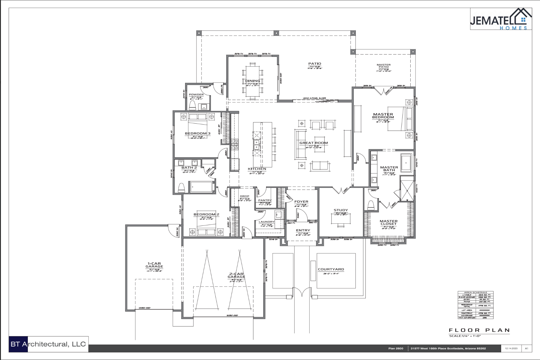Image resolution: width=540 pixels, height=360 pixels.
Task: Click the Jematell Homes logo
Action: pyautogui.click(x=500, y=19)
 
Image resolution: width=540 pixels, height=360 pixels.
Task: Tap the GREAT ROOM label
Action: pyautogui.click(x=314, y=143)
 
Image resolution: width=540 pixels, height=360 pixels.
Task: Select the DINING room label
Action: pyautogui.click(x=252, y=81)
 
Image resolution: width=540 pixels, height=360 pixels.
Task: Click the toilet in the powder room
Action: pyautogui.click(x=192, y=105)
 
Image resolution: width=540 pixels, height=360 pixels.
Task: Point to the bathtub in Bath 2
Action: pyautogui.click(x=202, y=187)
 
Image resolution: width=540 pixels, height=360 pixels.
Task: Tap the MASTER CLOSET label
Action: pyautogui.click(x=388, y=223)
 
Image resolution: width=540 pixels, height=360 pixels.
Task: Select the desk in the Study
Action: pyautogui.click(x=341, y=219)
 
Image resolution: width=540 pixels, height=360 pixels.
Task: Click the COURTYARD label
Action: pyautogui.click(x=331, y=269)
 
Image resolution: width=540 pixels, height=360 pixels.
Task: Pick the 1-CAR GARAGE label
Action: pyautogui.click(x=154, y=265)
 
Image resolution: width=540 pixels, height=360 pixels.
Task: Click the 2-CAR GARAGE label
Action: pyautogui.click(x=236, y=275)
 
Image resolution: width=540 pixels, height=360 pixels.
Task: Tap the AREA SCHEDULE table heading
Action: pyautogui.click(x=475, y=292)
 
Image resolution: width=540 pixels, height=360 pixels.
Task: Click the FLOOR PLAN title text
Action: pyautogui.click(x=479, y=330)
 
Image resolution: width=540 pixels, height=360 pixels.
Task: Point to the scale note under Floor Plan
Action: pyautogui.click(x=465, y=336)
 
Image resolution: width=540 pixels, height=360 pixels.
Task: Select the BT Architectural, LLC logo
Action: pyautogui.click(x=49, y=344)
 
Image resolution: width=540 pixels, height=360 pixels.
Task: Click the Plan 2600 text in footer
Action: pyautogui.click(x=396, y=348)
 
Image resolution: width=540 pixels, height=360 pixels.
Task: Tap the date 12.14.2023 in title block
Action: pyautogui.click(x=511, y=348)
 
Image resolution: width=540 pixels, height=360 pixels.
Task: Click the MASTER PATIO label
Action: pyautogui.click(x=383, y=66)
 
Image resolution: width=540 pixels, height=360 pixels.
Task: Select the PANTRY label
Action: pyautogui.click(x=265, y=200)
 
